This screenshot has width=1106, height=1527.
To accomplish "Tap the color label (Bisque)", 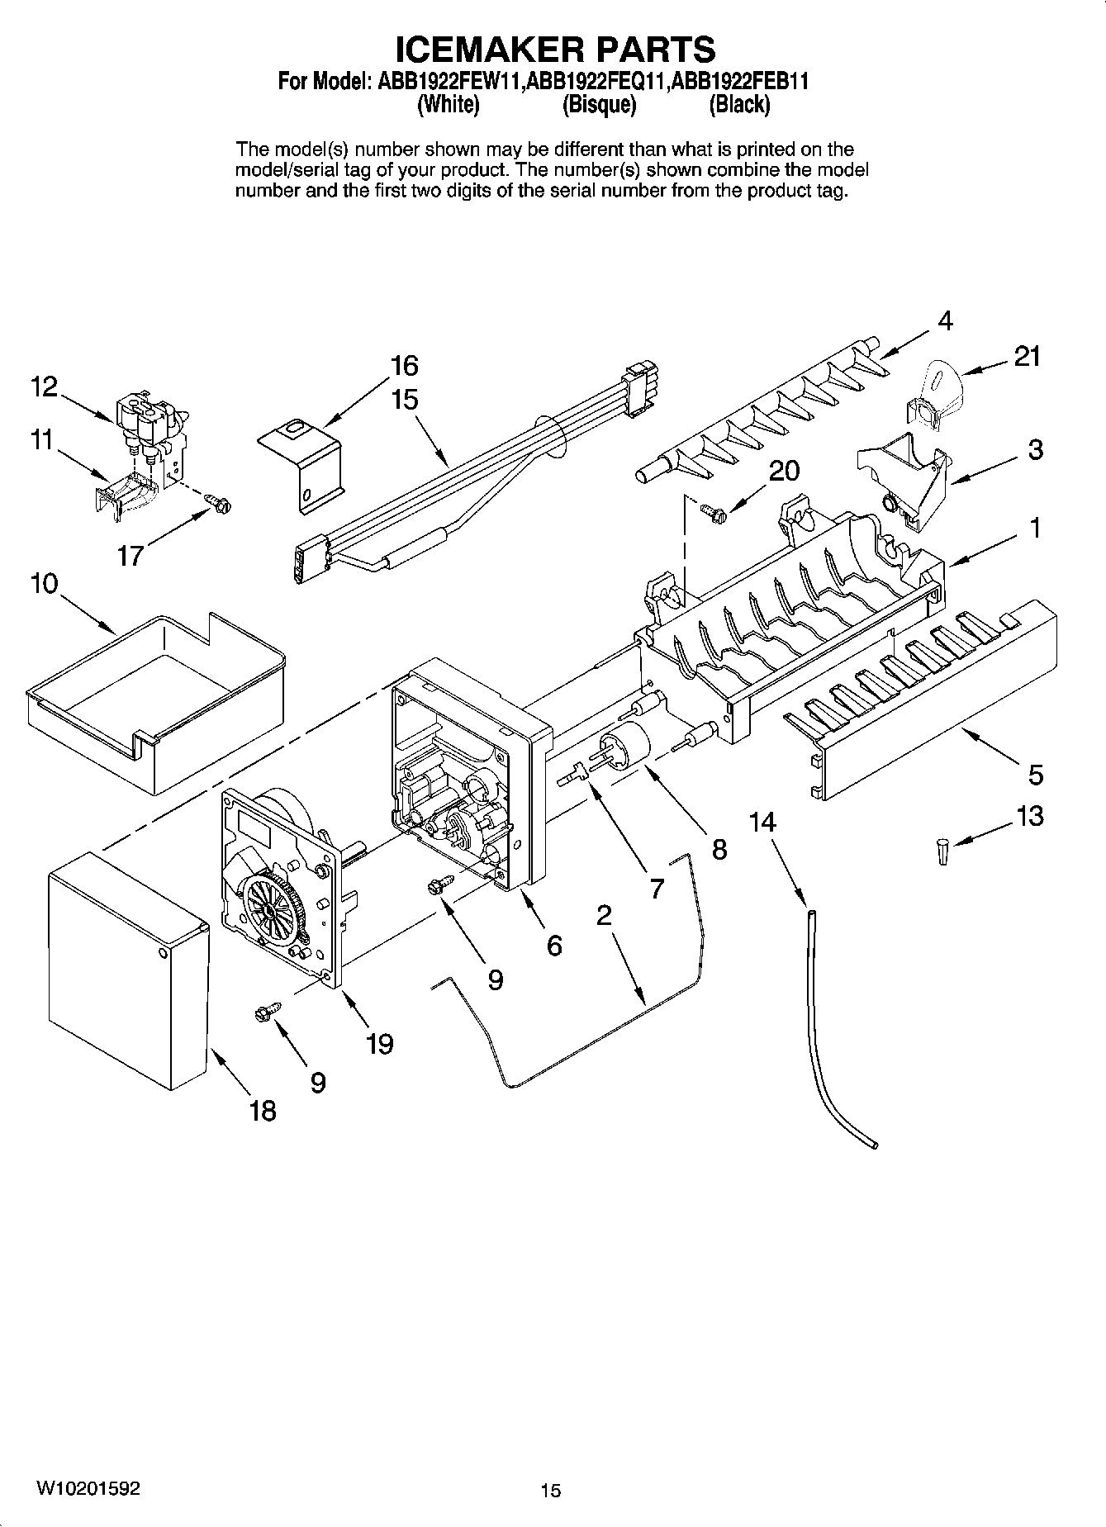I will [x=599, y=104].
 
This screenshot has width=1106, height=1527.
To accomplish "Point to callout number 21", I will [x=1027, y=357].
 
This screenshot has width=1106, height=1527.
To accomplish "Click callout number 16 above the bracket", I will [x=404, y=365].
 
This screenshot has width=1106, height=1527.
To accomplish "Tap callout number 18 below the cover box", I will [x=263, y=1111].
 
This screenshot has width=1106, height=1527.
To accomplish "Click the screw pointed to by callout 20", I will [x=713, y=513].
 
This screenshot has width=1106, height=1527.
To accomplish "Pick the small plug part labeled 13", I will [x=942, y=851].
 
